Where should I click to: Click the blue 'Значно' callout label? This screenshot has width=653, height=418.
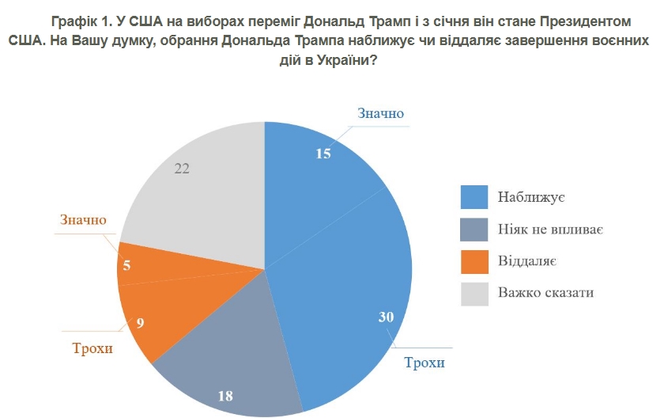tap(380, 113)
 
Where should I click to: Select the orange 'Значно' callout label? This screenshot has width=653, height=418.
tap(83, 219)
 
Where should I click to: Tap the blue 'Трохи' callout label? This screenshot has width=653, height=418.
tap(425, 363)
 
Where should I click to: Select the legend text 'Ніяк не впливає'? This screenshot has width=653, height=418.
tap(551, 229)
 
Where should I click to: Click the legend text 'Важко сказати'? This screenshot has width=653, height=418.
tap(545, 293)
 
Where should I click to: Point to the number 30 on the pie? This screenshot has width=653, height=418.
tap(386, 317)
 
